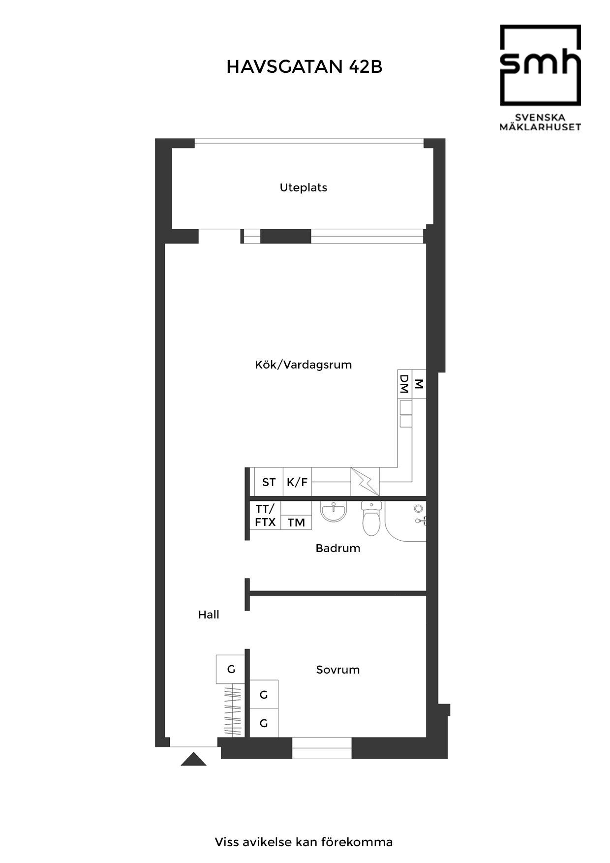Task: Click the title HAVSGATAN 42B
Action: pyautogui.click(x=304, y=67)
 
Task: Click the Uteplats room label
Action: pyautogui.click(x=304, y=187)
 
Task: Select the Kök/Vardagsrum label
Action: pyautogui.click(x=304, y=365)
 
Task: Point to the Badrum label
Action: pyautogui.click(x=338, y=548)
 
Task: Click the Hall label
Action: pyautogui.click(x=209, y=615)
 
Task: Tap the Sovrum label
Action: pyautogui.click(x=338, y=670)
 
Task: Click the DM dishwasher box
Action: pyautogui.click(x=405, y=383)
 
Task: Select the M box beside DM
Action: pyautogui.click(x=419, y=383)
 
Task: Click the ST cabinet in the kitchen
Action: pyautogui.click(x=269, y=482)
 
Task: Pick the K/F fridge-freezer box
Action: pyautogui.click(x=297, y=482)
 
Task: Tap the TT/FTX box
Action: pyautogui.click(x=265, y=515)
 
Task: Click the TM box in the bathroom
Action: pyautogui.click(x=296, y=522)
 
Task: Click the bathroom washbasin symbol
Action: pyautogui.click(x=334, y=511)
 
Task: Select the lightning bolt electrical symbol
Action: pyautogui.click(x=365, y=482)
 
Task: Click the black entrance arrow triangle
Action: pyautogui.click(x=193, y=759)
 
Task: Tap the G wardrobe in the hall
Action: pyautogui.click(x=230, y=669)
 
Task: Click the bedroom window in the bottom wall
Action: pyautogui.click(x=322, y=748)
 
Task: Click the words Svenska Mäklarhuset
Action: pyautogui.click(x=540, y=123)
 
